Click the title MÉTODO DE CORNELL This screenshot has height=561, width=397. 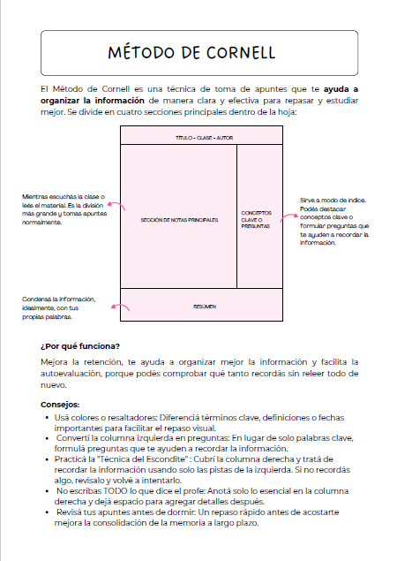coord(198,53)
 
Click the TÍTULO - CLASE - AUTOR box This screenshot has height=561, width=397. coord(201,139)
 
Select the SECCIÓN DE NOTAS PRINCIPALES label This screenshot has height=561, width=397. coord(178,218)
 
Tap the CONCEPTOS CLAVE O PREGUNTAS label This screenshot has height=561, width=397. coord(256,218)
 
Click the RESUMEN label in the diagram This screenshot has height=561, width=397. coord(204,307)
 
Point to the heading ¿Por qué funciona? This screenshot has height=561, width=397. coord(80,345)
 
